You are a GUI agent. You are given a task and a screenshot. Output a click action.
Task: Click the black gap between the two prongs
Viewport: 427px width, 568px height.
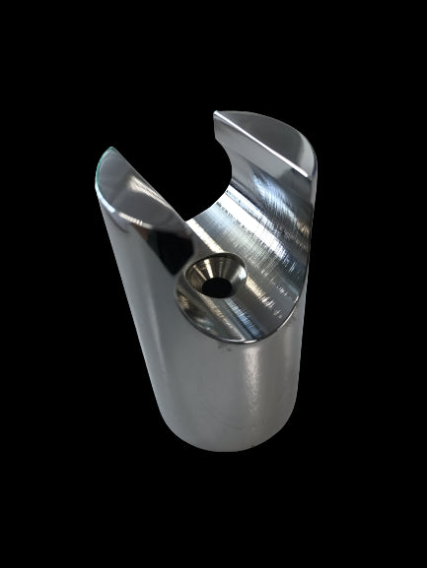coord(168,138)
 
